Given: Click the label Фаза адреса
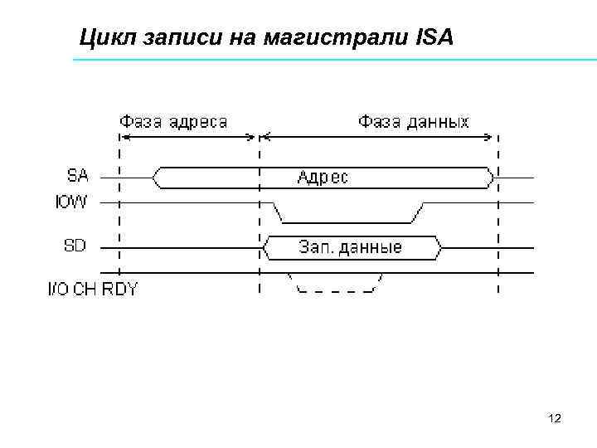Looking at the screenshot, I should click(x=174, y=121).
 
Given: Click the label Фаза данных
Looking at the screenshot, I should click(x=413, y=121).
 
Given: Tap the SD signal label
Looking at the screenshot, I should click(x=75, y=246).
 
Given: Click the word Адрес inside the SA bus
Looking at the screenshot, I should click(x=323, y=178).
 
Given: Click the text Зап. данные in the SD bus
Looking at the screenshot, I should click(x=350, y=247).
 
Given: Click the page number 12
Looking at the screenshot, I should click(x=555, y=418).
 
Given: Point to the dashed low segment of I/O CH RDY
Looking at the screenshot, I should click(x=335, y=291).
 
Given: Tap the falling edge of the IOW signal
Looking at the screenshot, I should click(x=279, y=212).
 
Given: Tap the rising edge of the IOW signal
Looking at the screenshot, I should click(x=417, y=212).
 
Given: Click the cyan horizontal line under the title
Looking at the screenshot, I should click(x=332, y=61).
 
